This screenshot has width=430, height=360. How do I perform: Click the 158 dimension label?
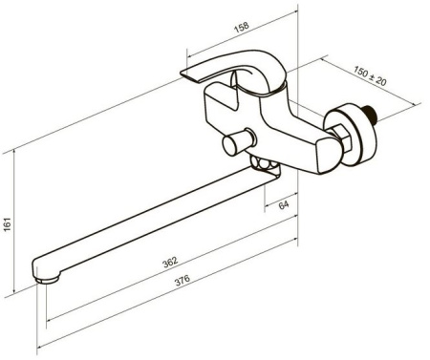(242, 27)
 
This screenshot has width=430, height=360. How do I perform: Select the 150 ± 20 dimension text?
(370, 76)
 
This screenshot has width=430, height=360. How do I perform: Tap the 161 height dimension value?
(7, 224)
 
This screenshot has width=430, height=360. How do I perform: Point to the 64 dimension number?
(284, 204)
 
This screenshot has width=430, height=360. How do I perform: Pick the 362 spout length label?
(170, 263)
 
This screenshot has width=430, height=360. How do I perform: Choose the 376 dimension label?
(183, 280)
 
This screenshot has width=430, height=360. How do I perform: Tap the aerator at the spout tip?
(48, 280)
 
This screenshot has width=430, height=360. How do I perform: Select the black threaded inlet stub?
(370, 114)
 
